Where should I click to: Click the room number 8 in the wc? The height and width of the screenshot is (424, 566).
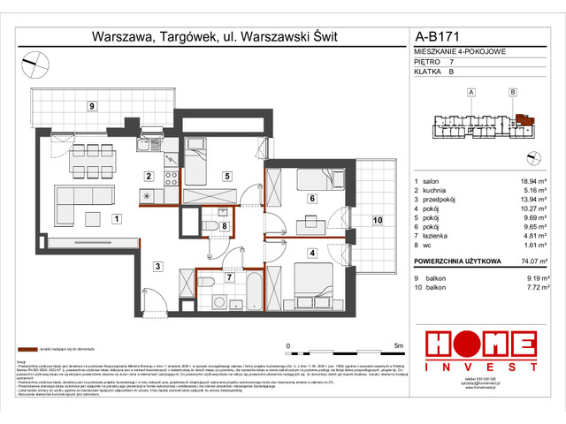225,226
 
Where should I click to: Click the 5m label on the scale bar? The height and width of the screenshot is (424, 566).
399,345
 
